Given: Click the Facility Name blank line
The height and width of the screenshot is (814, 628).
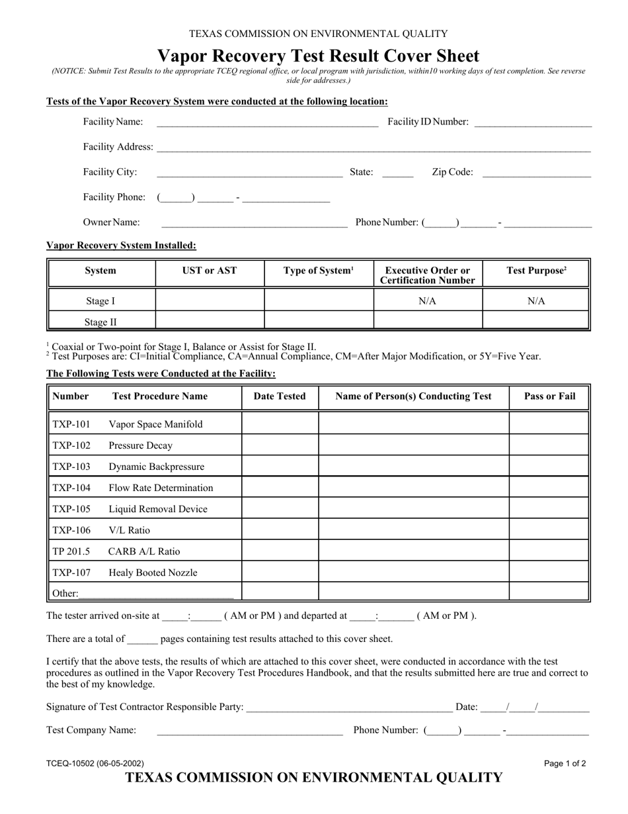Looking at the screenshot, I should click(x=267, y=122).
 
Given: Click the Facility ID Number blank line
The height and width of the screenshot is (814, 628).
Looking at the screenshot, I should click(x=533, y=122).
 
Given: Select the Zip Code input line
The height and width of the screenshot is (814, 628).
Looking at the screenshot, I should click(x=537, y=173).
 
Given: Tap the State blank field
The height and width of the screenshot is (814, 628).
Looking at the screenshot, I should click(x=397, y=173).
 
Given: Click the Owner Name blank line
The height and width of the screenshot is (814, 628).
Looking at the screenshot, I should click(x=254, y=224).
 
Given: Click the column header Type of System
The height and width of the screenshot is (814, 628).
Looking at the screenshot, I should click(x=319, y=271).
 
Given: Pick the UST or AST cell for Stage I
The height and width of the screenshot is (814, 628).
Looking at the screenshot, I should click(x=210, y=301).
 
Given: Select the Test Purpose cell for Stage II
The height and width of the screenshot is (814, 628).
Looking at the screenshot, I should click(x=535, y=322).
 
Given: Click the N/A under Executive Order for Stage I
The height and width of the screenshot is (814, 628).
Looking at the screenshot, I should click(x=428, y=301).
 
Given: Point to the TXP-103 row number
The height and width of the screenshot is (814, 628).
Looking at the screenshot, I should click(x=71, y=467).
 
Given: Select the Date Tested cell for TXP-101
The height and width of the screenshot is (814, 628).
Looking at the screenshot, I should click(x=280, y=424).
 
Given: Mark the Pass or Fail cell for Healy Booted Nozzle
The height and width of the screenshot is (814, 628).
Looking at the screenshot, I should click(x=549, y=572).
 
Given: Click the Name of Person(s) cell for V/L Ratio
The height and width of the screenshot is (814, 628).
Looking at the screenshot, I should click(x=413, y=530).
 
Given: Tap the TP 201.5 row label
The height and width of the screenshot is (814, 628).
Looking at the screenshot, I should click(x=71, y=551).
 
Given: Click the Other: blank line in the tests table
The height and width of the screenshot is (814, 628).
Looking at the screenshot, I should click(x=156, y=594).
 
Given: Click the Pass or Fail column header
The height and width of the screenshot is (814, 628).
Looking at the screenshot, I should click(x=549, y=396).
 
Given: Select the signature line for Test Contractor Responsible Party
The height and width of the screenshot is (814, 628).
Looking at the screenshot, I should click(x=348, y=708).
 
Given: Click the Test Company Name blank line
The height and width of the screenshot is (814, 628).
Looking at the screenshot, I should click(x=250, y=731).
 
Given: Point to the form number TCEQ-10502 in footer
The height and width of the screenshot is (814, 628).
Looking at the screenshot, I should click(x=95, y=763).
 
